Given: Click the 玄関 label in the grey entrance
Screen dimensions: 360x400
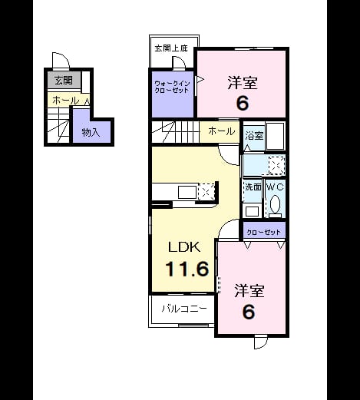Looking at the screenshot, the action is (x=64, y=81).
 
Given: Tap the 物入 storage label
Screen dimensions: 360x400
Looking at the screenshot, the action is (x=91, y=132).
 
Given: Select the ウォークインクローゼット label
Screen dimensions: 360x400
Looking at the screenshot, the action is (x=172, y=87).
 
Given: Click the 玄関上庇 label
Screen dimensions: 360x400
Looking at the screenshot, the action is (x=171, y=48).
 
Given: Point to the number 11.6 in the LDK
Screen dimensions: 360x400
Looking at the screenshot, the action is (x=187, y=269).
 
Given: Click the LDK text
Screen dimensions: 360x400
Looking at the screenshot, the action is (x=184, y=247).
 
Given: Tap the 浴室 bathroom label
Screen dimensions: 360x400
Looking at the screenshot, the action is (x=254, y=135).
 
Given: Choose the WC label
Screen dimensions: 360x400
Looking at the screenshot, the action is (x=275, y=187).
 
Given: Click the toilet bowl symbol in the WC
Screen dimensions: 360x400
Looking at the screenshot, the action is (x=275, y=204).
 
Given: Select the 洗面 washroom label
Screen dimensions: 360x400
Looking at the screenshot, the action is (x=253, y=187).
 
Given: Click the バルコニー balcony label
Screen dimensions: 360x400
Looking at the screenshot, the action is (x=184, y=309).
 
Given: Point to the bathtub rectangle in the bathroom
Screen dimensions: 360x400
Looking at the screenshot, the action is (x=276, y=136).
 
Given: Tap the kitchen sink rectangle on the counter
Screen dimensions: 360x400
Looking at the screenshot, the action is (x=187, y=193).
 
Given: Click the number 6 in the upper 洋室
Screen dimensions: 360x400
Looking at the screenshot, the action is (x=243, y=104).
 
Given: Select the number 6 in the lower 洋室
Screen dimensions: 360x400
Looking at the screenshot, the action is (x=249, y=312).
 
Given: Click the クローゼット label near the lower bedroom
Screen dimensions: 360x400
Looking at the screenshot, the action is (x=264, y=233).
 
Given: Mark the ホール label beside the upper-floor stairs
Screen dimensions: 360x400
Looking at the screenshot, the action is (x=222, y=131).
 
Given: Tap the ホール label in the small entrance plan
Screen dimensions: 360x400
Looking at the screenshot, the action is (x=66, y=101).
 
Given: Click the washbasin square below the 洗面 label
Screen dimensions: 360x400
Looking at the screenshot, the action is (x=252, y=211).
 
